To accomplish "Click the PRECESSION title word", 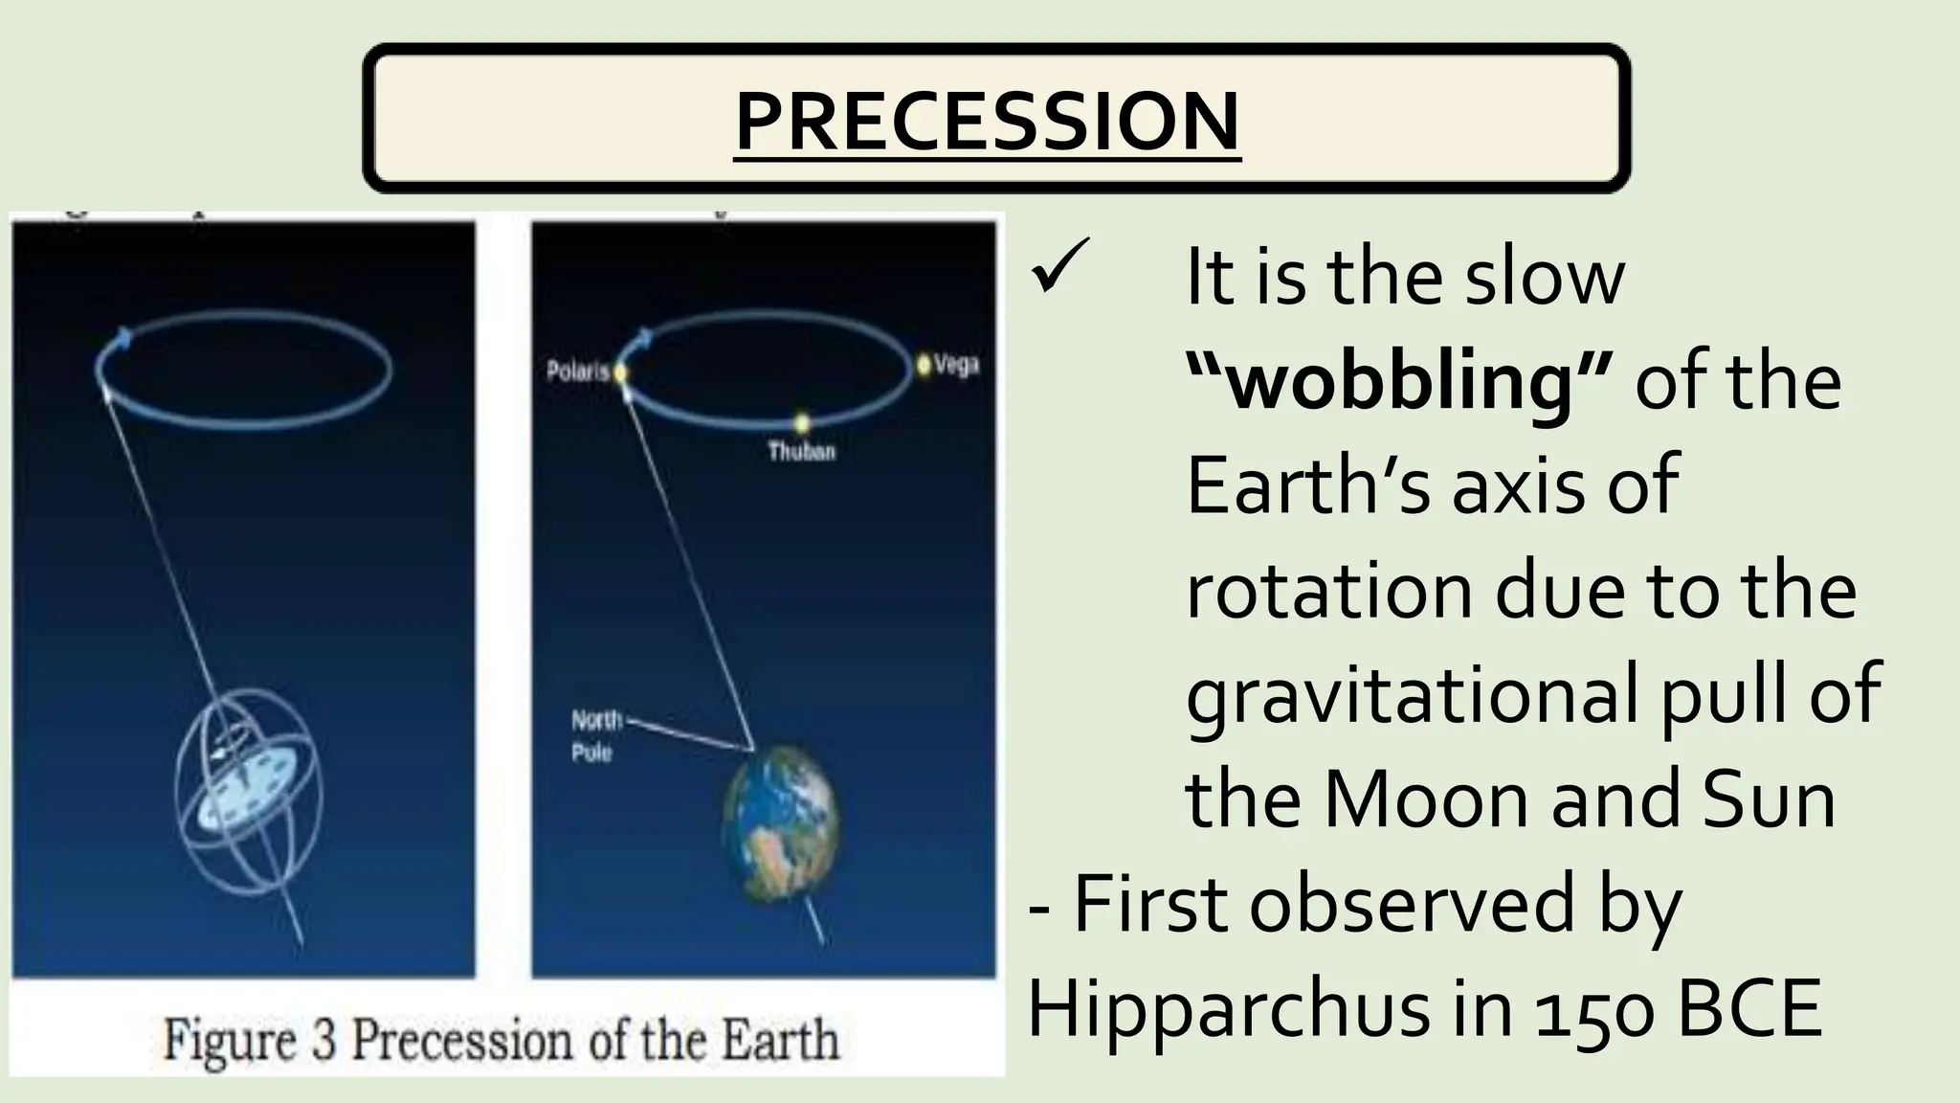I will (x=987, y=121).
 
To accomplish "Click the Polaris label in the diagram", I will (x=577, y=371).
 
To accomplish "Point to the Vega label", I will (x=956, y=365).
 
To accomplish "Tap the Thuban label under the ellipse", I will (x=802, y=451).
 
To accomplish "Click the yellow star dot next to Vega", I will (x=923, y=365).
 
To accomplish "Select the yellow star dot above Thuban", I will (x=802, y=422).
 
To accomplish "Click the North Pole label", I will (x=595, y=735).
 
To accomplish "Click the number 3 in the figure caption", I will (x=324, y=1041).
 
